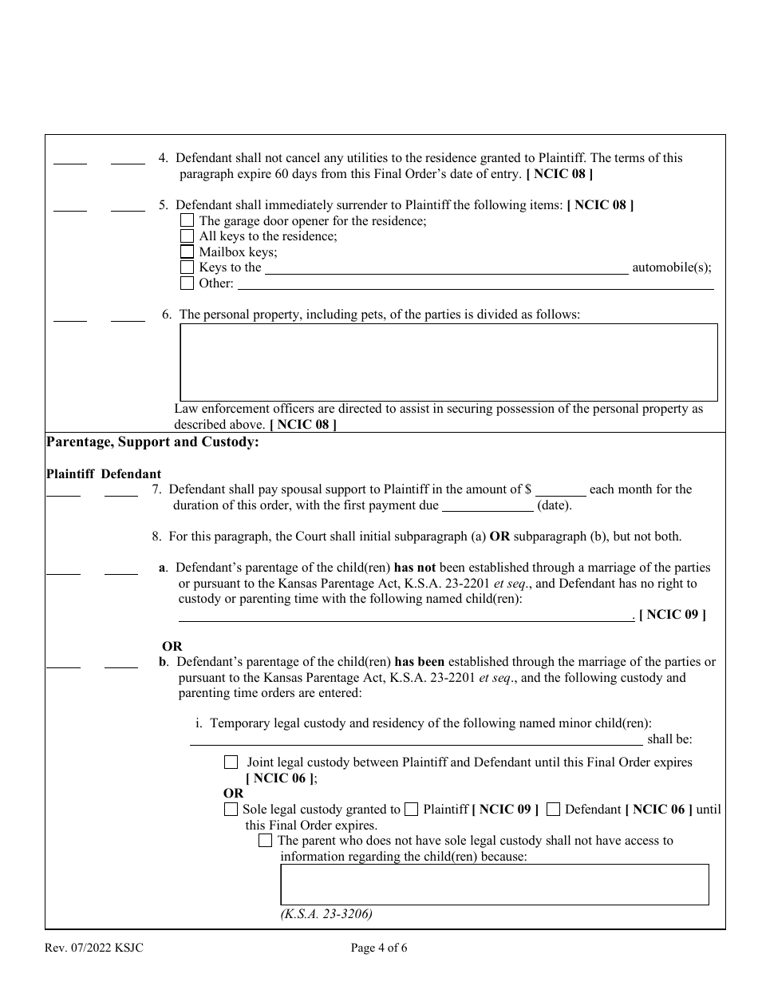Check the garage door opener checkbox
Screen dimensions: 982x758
187,220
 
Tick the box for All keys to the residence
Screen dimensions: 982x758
187,236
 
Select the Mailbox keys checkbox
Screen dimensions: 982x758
187,252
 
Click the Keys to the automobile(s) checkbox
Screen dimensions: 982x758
187,267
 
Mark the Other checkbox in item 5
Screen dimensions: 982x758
187,283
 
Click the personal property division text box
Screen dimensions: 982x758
448,362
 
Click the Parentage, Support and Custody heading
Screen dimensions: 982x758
152,442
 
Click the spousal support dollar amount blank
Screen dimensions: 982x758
560,490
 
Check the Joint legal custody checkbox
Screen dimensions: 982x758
231,762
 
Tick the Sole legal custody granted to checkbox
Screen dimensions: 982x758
231,810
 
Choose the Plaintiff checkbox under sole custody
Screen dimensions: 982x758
411,810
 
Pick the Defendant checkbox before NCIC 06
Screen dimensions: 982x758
553,810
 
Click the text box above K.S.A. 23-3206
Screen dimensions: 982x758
494,885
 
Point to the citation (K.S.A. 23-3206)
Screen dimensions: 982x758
326,914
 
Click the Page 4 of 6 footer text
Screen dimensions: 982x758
379,948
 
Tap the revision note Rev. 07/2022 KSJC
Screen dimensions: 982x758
95,948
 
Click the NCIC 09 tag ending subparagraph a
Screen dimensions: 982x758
672,614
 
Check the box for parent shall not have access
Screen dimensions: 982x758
266,841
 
